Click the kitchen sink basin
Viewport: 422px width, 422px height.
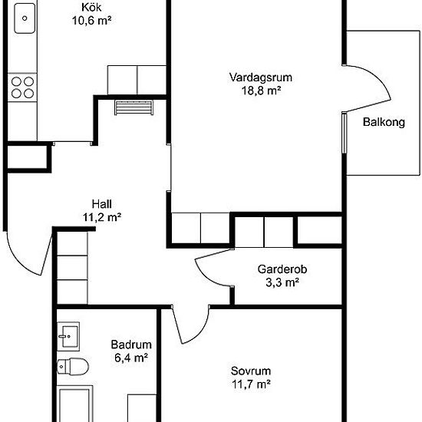(x=25, y=18)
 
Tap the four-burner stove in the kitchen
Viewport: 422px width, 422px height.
(x=22, y=87)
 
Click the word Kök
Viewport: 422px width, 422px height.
(x=91, y=8)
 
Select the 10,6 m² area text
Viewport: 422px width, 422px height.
(x=92, y=21)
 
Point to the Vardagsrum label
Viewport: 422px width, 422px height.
(x=261, y=77)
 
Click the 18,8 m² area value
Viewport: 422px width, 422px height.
(x=261, y=91)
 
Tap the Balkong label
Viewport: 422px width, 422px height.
(x=384, y=122)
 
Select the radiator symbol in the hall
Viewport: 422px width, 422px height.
(x=134, y=107)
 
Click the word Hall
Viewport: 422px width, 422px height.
(x=102, y=204)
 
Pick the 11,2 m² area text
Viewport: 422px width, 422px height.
(x=102, y=217)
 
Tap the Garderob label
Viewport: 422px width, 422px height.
(x=282, y=269)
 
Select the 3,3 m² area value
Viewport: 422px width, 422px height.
(x=282, y=282)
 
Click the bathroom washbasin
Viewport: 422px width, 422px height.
(x=68, y=336)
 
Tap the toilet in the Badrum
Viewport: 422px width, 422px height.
(x=73, y=366)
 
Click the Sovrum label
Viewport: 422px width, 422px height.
(x=251, y=371)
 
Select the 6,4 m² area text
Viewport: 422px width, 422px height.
(x=131, y=358)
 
